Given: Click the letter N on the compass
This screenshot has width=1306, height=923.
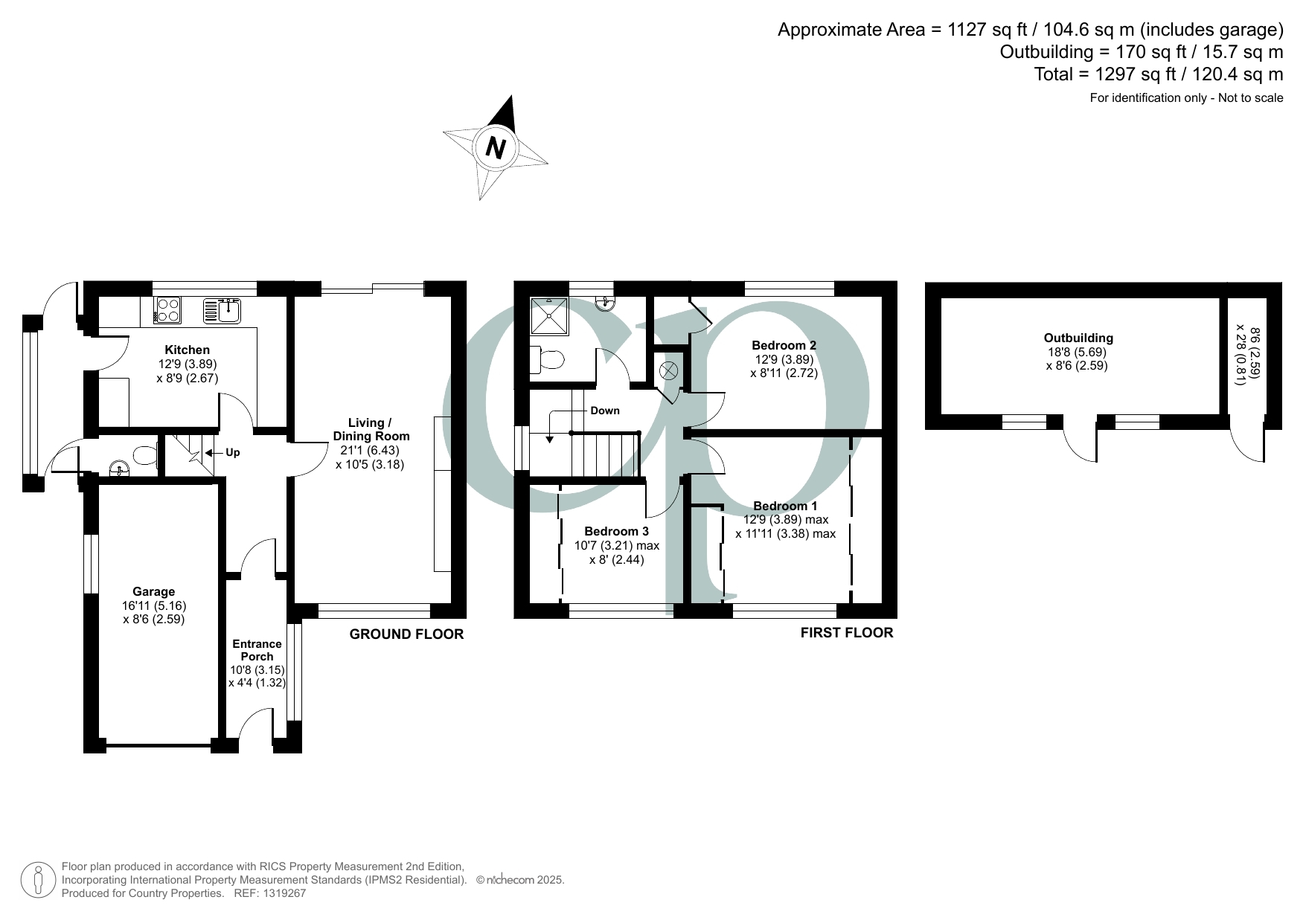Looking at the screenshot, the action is (496, 147).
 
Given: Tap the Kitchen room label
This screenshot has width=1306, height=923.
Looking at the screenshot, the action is (187, 350).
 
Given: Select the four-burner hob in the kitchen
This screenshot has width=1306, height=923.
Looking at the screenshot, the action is (167, 309).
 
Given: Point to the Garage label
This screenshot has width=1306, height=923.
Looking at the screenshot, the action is (154, 592).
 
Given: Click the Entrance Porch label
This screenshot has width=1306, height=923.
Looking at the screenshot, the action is (257, 650).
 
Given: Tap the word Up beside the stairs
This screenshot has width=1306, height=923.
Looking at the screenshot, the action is (232, 452).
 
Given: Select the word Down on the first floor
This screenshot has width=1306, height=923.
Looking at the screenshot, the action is (605, 411).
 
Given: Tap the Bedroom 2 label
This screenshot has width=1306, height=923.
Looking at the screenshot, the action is (784, 345).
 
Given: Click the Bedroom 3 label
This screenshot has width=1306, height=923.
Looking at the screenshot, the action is (616, 531).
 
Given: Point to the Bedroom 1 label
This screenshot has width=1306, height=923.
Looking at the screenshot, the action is (785, 506).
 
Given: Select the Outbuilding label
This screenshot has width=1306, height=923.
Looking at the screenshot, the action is (1078, 338).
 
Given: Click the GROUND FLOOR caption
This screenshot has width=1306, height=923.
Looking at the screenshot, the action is (406, 634).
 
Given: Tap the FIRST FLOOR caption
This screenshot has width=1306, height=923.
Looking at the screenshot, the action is (847, 633).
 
